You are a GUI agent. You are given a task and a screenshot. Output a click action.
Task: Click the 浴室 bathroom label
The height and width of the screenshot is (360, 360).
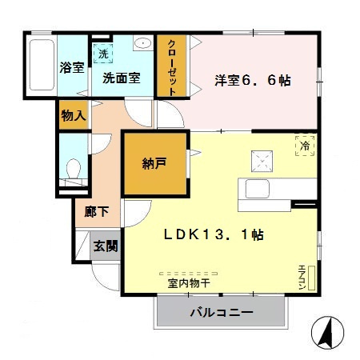(72, 68)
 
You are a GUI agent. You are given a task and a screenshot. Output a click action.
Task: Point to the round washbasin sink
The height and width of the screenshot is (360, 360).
(144, 45)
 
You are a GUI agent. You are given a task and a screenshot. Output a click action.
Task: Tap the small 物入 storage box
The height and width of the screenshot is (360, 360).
(73, 116)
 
